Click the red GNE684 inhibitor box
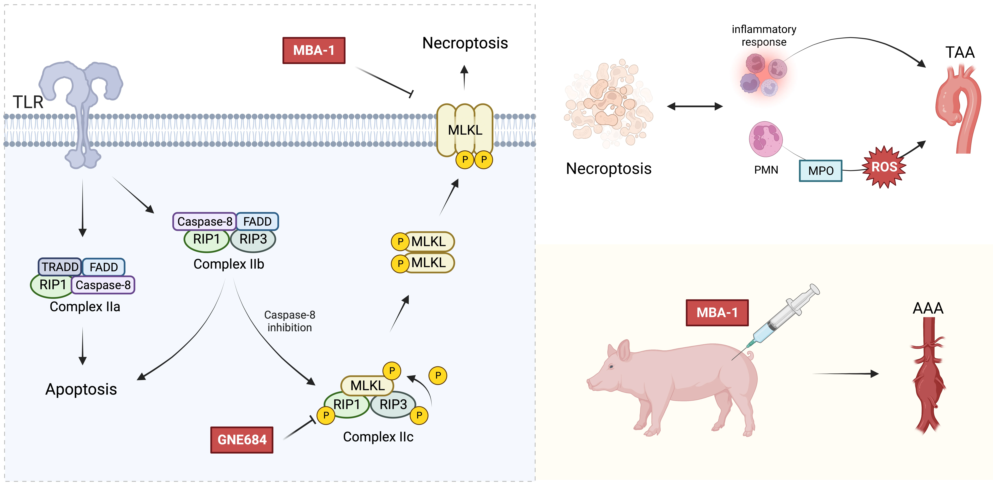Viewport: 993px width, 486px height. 242,440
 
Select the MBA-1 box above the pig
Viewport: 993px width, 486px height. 717,313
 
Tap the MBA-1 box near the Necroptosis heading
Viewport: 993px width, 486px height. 314,51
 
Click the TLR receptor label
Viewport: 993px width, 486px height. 28,102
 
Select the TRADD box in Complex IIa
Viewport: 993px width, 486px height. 60,267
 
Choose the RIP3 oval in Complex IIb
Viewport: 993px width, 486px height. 253,239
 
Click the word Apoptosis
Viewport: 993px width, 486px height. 81,389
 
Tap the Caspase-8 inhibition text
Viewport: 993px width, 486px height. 289,321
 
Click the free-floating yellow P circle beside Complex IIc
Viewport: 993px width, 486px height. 438,375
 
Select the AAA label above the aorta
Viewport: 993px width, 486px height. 928,308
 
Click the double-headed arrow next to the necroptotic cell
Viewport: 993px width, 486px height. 695,106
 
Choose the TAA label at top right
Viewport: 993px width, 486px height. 960,52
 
